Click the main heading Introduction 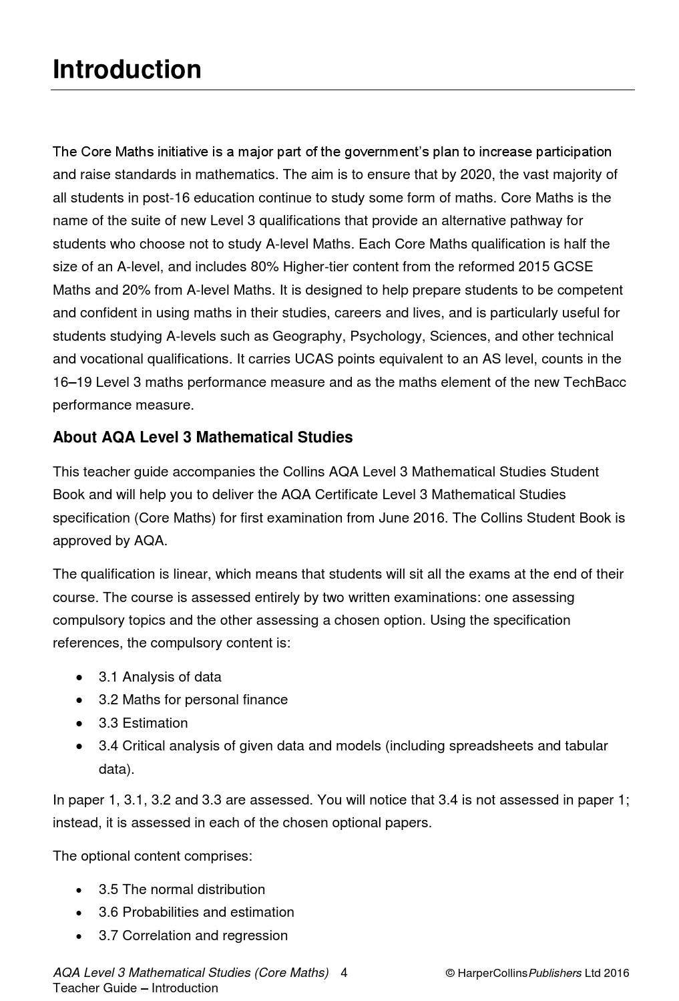(127, 69)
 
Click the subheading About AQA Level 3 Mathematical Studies (202, 438)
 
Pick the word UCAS (313, 360)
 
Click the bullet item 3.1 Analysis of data (160, 677)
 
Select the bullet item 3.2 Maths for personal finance (193, 700)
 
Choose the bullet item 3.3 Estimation (143, 723)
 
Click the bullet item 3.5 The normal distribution (182, 889)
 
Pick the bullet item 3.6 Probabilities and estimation (196, 912)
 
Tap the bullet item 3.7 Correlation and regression (193, 936)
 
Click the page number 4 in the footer (344, 973)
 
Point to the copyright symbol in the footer (450, 974)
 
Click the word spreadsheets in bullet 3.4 (491, 746)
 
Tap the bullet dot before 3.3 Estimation (80, 724)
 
